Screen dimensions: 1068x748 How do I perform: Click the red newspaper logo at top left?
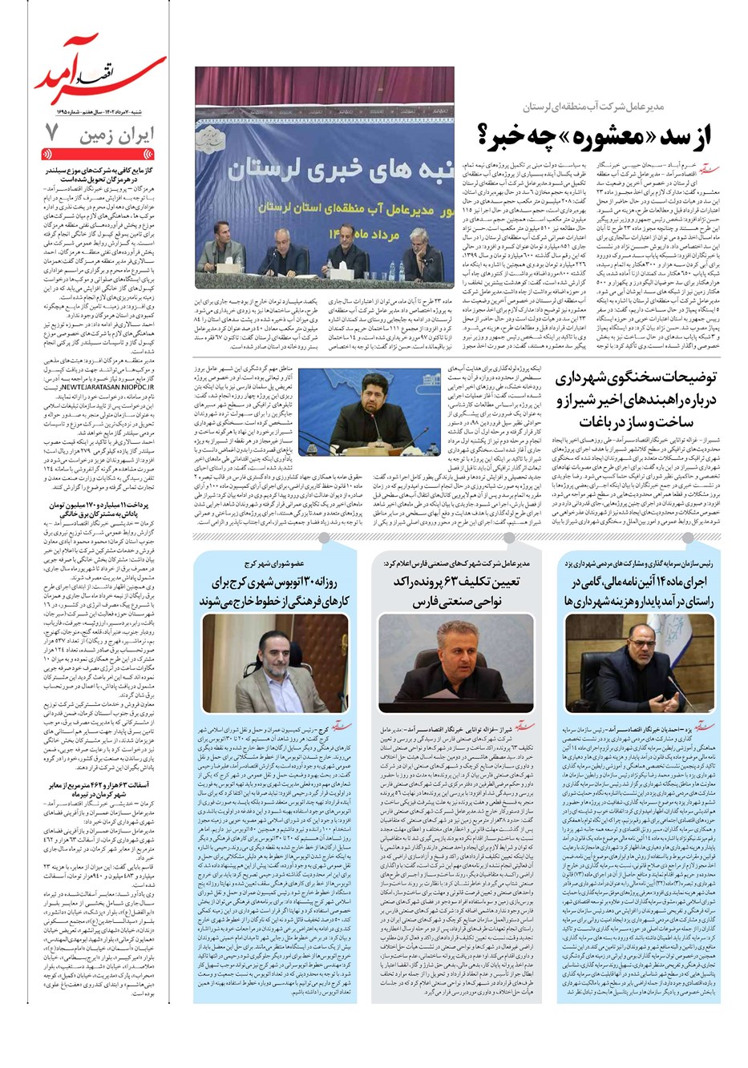[99, 76]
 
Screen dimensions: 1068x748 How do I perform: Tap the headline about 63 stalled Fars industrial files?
[457, 591]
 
